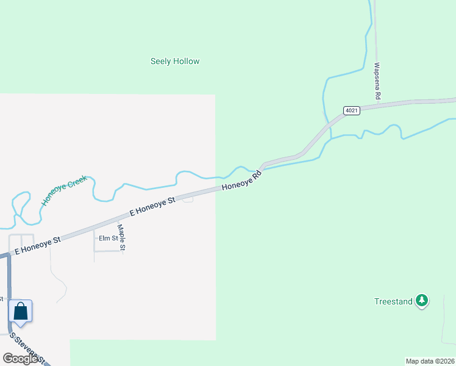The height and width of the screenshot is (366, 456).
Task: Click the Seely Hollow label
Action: click(x=175, y=62)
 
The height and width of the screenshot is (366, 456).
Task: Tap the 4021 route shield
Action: click(x=351, y=110)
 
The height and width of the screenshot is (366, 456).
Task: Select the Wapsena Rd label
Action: click(x=377, y=81)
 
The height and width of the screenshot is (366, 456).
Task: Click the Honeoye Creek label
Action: click(x=65, y=191)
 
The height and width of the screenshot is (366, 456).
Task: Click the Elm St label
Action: click(x=108, y=239)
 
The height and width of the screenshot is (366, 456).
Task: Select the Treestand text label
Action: click(x=393, y=301)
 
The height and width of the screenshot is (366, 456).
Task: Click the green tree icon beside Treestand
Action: click(x=421, y=301)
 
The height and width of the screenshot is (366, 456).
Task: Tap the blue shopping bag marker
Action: click(x=21, y=312)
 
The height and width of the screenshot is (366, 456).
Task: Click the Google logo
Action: click(x=21, y=359)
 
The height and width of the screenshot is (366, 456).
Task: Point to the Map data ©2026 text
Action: click(x=430, y=361)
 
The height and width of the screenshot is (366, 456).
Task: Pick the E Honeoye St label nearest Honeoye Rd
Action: click(x=153, y=206)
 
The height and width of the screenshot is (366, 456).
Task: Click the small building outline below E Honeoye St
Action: click(x=188, y=199)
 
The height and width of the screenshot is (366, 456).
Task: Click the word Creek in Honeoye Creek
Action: click(x=76, y=184)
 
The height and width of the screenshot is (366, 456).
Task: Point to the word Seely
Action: click(x=160, y=62)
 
